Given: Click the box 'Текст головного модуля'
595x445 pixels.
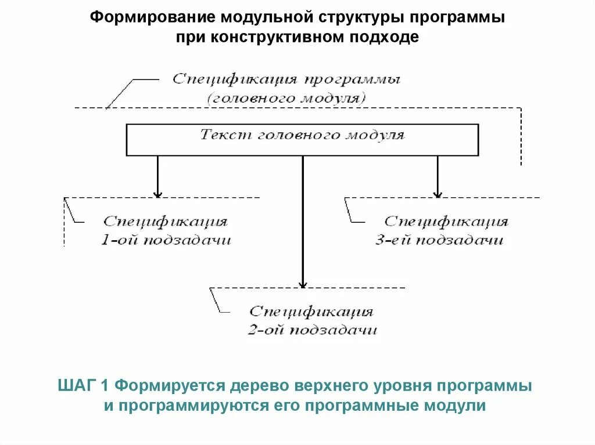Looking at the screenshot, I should [302, 139].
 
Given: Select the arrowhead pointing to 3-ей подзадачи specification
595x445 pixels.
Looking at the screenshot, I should [438, 193].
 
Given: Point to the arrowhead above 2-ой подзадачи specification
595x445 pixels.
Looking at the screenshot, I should [302, 283].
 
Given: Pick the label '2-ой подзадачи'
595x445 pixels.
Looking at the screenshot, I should [312, 330].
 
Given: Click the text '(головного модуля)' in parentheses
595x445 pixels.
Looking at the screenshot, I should [286, 97].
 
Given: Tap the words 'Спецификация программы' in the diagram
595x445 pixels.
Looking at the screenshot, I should [286, 79].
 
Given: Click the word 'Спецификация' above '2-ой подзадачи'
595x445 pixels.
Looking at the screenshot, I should [311, 312].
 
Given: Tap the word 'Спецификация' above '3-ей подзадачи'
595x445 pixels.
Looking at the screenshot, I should [446, 222].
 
